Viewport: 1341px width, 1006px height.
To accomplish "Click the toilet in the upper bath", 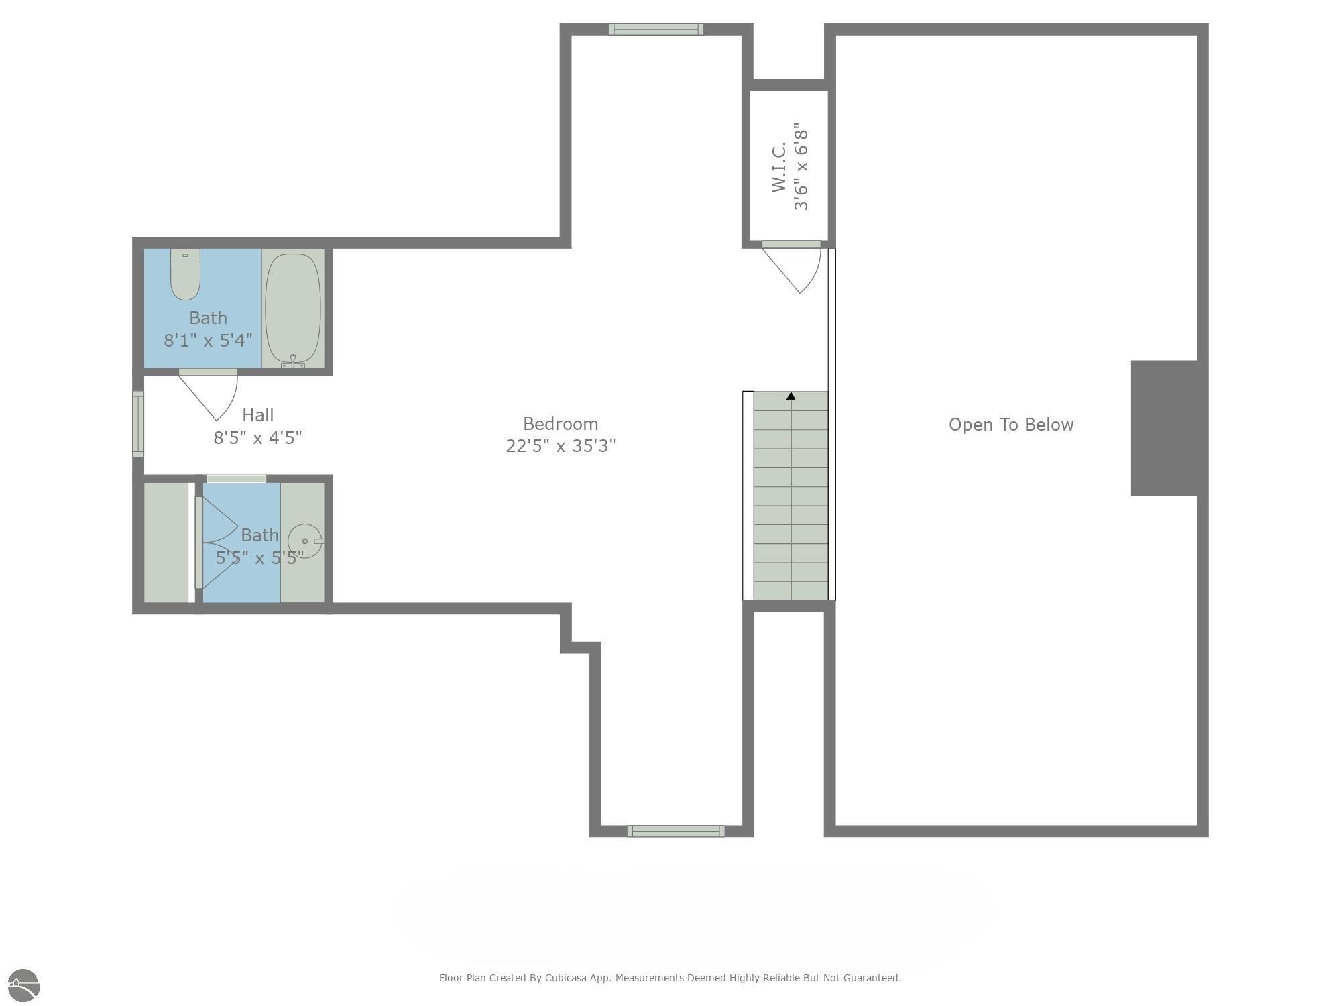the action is point(185,274).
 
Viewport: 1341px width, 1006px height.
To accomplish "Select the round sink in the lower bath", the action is point(305,541).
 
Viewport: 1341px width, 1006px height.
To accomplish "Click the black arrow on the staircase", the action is point(791,396).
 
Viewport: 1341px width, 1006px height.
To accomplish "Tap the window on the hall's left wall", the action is point(138,424).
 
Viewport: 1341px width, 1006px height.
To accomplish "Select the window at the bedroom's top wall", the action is point(656,29).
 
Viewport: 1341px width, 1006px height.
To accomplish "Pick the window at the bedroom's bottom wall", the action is point(676,832).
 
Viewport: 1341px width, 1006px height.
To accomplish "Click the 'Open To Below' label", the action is point(1011,425).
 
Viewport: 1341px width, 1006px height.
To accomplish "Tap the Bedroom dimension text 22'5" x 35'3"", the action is point(561,446).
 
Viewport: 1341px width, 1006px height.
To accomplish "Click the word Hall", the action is point(258,415).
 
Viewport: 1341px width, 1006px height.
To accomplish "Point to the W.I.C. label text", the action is point(779,166).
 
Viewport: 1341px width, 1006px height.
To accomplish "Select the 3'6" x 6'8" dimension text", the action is point(801,166).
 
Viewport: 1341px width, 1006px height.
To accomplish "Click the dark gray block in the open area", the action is point(1165,429).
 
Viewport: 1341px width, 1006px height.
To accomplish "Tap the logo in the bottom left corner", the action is point(24,986).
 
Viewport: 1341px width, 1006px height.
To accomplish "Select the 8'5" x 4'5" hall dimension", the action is point(258,438).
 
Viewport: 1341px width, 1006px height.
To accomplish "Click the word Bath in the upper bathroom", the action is point(208,318).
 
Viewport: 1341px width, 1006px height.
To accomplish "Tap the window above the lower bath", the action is point(236,479).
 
